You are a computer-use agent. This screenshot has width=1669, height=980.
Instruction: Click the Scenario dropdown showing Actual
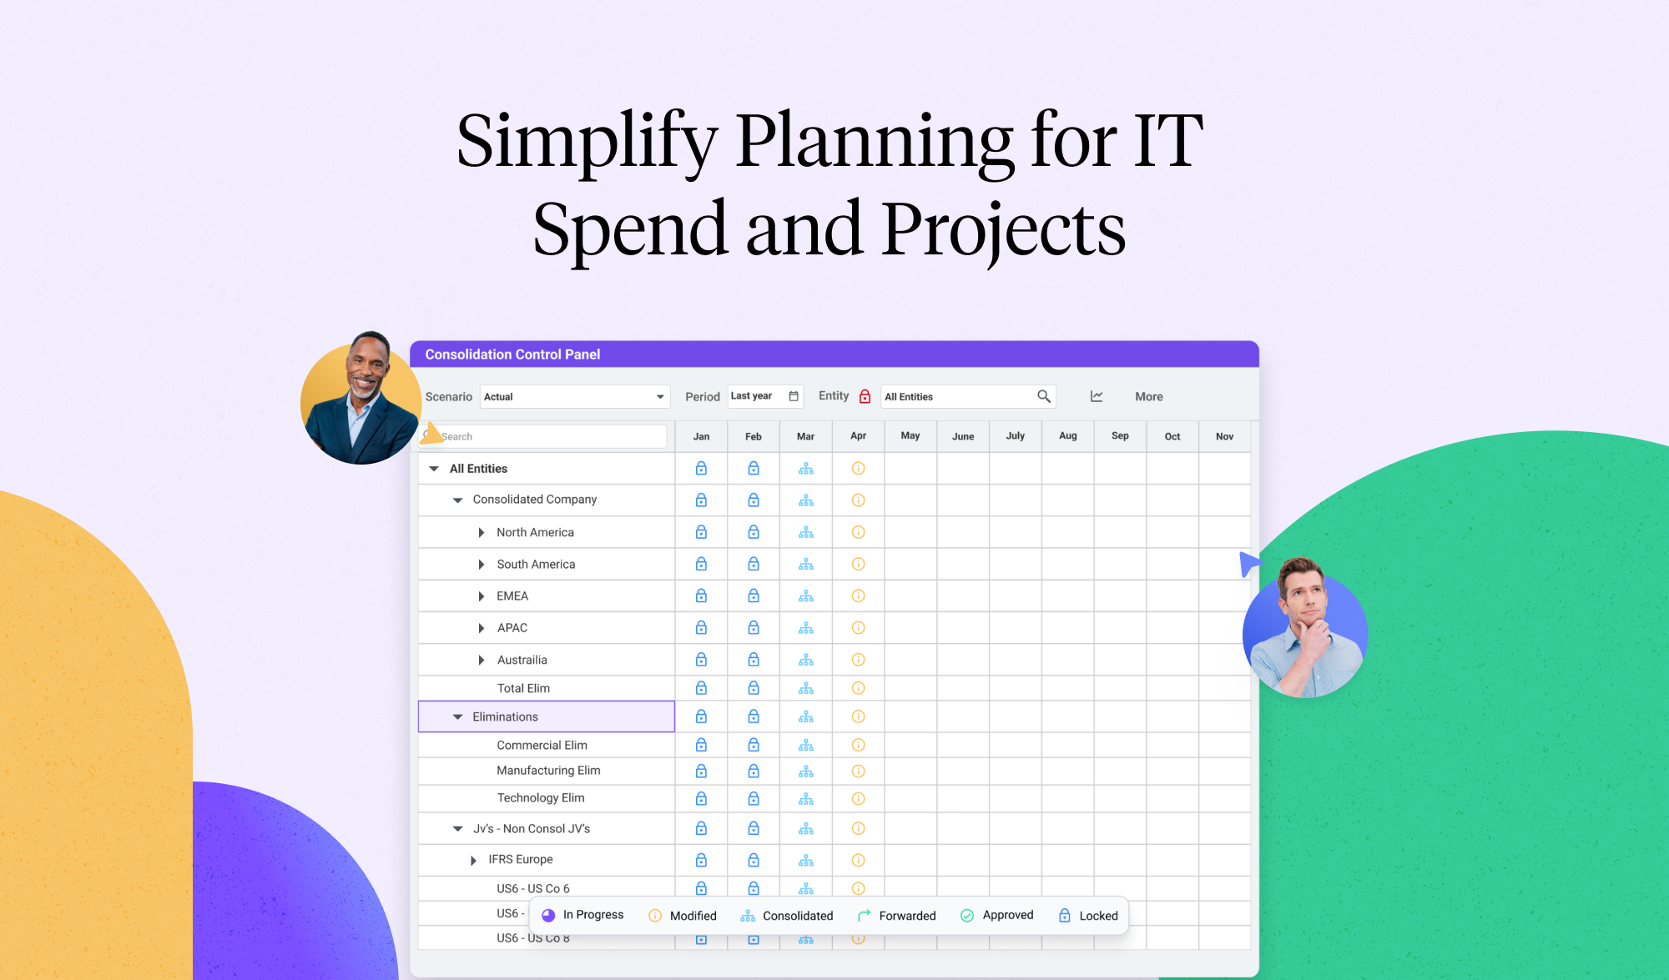(574, 397)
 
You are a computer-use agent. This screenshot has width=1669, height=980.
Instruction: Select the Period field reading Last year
(764, 396)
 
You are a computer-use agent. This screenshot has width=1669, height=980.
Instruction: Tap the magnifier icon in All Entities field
(1043, 396)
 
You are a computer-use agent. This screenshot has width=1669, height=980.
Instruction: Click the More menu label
(1148, 397)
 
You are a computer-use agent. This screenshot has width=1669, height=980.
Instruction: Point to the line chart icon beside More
(1097, 397)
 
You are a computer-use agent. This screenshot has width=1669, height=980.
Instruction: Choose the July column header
(1015, 436)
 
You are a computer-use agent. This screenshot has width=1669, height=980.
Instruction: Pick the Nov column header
(1224, 436)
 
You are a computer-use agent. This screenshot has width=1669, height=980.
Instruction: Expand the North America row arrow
(482, 533)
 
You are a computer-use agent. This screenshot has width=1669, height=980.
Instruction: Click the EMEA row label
(512, 596)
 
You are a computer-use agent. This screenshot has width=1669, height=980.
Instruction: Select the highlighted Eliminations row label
(505, 717)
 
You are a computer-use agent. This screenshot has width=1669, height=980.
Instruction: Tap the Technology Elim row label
(541, 798)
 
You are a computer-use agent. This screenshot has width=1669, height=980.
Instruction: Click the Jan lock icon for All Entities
(701, 469)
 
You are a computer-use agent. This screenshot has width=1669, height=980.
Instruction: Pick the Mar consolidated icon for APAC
(805, 628)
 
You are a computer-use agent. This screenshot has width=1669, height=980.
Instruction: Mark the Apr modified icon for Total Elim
(858, 688)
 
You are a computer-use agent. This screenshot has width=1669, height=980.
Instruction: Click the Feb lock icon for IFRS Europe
(754, 860)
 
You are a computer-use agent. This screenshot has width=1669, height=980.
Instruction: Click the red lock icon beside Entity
(865, 396)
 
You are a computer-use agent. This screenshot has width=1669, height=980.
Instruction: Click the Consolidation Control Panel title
(512, 354)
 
